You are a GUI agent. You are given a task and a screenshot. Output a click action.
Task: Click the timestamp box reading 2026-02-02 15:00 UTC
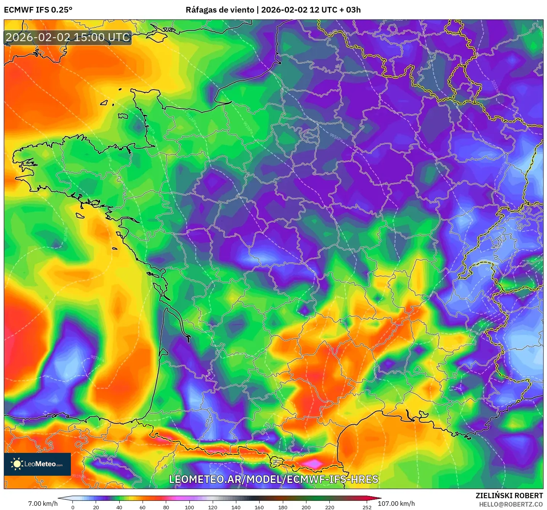click(68, 37)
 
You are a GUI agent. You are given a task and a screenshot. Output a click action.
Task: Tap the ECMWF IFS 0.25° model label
click(38, 10)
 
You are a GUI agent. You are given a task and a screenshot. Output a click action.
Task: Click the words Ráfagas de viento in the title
click(220, 10)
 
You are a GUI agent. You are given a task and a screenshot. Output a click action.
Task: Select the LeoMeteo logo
click(37, 464)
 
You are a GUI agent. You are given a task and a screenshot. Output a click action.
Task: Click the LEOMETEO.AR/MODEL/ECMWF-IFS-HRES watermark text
click(273, 479)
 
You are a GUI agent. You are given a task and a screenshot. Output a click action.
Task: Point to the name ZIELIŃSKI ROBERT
click(509, 496)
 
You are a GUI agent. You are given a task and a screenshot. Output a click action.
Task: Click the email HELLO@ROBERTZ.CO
click(511, 504)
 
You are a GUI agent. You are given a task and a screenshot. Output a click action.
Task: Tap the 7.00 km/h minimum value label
click(43, 504)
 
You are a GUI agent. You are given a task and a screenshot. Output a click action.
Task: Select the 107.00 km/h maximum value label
click(396, 504)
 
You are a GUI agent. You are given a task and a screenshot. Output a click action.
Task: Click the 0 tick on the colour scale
click(73, 507)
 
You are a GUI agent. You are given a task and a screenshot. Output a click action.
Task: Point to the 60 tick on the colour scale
click(143, 507)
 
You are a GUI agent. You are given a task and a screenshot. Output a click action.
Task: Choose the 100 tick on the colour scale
click(189, 507)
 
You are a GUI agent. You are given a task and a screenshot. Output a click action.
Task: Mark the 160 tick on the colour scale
click(259, 507)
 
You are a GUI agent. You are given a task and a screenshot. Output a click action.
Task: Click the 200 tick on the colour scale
click(306, 507)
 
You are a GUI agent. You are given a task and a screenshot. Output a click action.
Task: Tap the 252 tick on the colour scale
click(367, 507)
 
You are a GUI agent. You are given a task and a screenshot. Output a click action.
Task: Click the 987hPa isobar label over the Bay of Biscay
click(97, 358)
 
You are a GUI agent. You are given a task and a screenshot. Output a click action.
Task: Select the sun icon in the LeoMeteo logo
click(17, 464)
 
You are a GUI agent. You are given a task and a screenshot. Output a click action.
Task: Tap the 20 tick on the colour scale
click(96, 507)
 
